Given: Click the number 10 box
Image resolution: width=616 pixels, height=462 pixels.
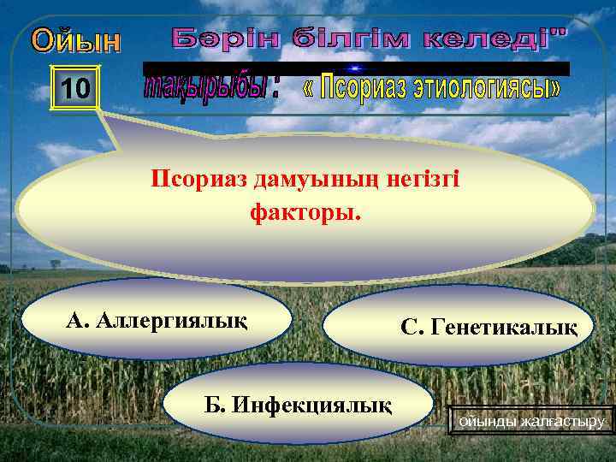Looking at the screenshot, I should coord(75,88).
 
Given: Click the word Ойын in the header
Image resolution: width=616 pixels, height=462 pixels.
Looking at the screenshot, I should coord(78,41).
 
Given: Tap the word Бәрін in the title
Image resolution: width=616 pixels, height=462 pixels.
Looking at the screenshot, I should coord(224,38).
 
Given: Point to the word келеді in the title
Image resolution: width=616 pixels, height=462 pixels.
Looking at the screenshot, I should coord(497,38).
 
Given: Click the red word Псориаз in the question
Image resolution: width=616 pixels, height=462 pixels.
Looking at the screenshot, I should coord(189,179).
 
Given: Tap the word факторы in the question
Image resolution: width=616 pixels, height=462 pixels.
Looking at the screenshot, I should coord(302,210).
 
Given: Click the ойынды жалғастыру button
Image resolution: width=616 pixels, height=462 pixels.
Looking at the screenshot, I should coord(531,421).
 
